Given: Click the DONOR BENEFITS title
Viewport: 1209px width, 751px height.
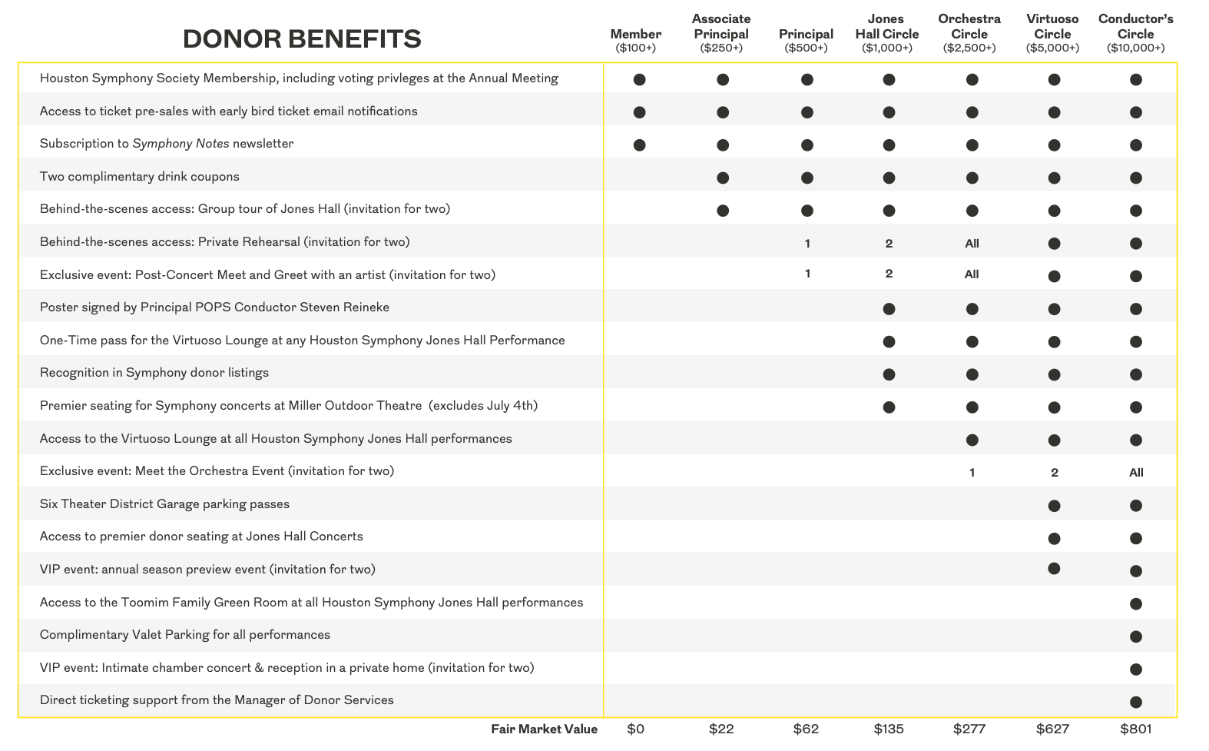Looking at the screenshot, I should (x=302, y=38).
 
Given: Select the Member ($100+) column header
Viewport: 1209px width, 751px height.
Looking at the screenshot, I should (x=635, y=40).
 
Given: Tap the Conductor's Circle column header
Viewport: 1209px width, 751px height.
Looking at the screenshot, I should (x=1135, y=33).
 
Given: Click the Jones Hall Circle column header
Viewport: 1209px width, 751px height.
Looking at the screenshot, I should (x=887, y=33).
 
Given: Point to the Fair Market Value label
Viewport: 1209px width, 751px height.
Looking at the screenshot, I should (x=544, y=729).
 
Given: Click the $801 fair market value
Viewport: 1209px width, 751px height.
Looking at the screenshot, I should (x=1135, y=729).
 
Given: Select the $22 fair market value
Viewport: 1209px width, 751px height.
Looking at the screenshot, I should (x=721, y=729).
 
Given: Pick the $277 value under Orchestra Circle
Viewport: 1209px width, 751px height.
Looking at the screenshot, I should (x=969, y=729).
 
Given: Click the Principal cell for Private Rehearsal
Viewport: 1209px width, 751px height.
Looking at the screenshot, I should (x=807, y=244).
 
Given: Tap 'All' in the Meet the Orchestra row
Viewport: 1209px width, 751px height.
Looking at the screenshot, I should (x=1136, y=473).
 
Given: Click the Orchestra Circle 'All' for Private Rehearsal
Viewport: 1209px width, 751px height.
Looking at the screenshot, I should (x=972, y=244).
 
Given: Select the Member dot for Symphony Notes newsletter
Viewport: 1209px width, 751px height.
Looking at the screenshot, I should (x=639, y=145).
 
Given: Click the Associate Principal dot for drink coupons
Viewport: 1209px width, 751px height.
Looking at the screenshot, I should (x=722, y=178).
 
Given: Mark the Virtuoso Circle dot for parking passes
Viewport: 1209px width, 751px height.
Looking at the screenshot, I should (x=1054, y=506).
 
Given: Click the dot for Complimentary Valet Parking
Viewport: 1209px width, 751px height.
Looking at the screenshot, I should (x=1136, y=636).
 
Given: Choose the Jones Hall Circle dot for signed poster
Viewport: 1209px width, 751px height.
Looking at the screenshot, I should (x=889, y=309).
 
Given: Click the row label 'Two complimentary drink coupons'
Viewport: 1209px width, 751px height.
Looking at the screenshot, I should (x=140, y=177).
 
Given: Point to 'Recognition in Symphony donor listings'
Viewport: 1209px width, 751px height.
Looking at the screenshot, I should (x=154, y=373).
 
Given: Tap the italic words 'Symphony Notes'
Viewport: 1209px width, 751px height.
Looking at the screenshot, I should (x=181, y=144).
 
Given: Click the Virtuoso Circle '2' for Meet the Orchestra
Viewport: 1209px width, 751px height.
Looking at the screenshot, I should (x=1055, y=473).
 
